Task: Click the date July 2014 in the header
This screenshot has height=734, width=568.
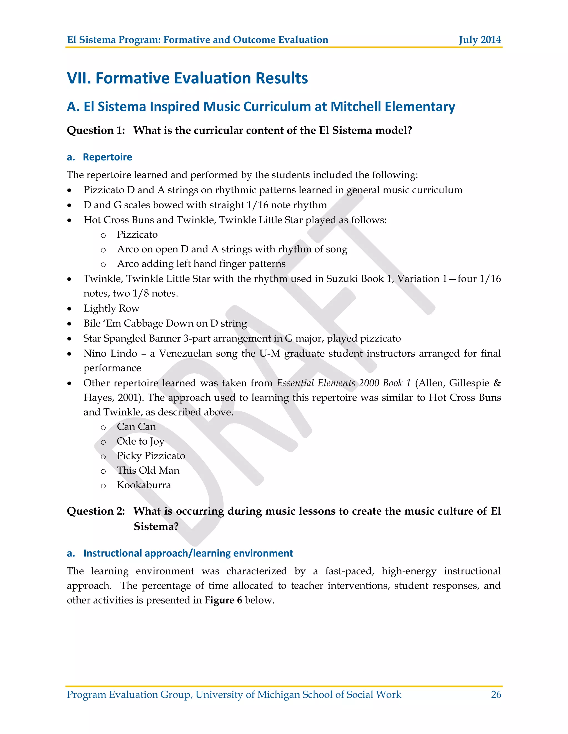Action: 480,40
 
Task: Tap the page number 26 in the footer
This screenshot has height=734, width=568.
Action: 496,694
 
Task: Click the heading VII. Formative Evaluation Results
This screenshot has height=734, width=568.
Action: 187,78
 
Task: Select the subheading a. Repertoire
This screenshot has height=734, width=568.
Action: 100,157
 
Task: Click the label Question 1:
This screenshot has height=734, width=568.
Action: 96,130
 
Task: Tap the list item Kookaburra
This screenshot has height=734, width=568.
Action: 144,485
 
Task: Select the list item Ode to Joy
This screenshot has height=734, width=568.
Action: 140,441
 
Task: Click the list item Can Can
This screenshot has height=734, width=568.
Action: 136,427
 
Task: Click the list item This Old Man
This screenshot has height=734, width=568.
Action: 148,470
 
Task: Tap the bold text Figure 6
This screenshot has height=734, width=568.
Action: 223,600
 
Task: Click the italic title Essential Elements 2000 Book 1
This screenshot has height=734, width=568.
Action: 344,383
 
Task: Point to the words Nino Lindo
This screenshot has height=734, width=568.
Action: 110,353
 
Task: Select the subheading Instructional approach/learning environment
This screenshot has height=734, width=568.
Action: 188,553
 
